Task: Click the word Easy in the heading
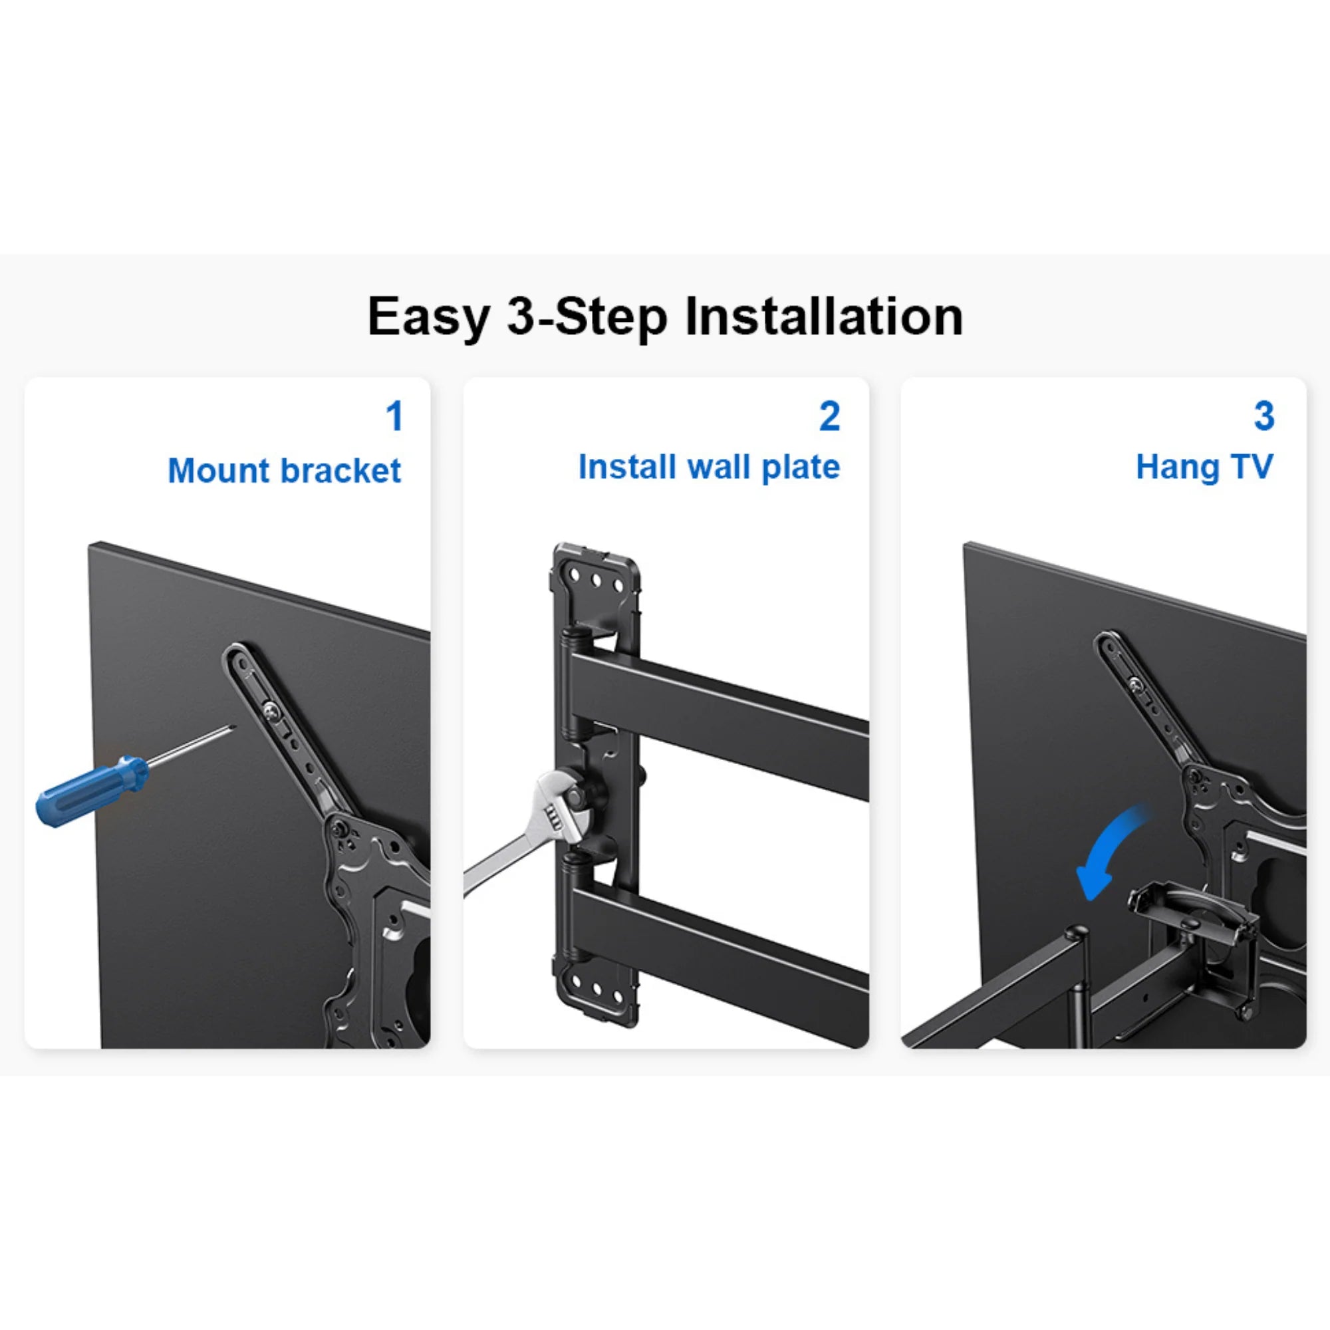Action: click(x=428, y=317)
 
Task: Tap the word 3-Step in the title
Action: click(x=587, y=317)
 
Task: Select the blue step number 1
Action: click(x=394, y=416)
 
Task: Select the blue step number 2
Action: click(x=829, y=416)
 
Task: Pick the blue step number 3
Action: click(x=1264, y=416)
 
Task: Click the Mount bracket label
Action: click(x=285, y=471)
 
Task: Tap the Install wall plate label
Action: click(x=709, y=467)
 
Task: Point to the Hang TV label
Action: click(x=1204, y=467)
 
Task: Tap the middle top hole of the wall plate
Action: click(x=596, y=583)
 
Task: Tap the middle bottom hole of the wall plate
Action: click(x=596, y=991)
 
